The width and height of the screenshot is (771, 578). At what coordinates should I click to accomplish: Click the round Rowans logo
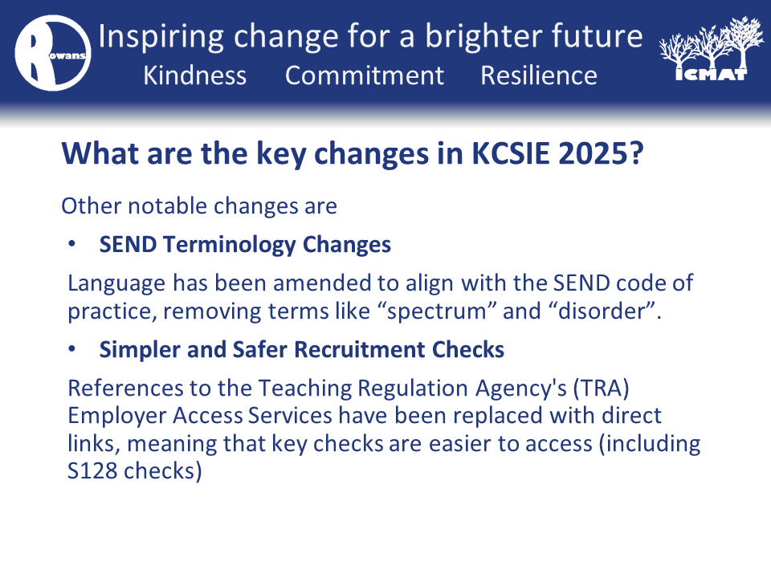53,53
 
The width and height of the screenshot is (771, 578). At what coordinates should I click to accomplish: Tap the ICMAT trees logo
711,49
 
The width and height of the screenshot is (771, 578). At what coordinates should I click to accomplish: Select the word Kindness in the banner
194,75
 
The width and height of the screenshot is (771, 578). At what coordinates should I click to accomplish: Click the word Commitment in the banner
365,75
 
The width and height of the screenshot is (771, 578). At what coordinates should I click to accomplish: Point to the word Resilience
539,75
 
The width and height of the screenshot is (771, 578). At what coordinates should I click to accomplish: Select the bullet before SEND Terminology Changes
72,243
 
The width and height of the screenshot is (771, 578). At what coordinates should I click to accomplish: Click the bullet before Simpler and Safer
72,348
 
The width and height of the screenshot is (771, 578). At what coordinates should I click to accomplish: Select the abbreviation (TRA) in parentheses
601,389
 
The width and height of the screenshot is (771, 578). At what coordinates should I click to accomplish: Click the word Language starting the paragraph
116,284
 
